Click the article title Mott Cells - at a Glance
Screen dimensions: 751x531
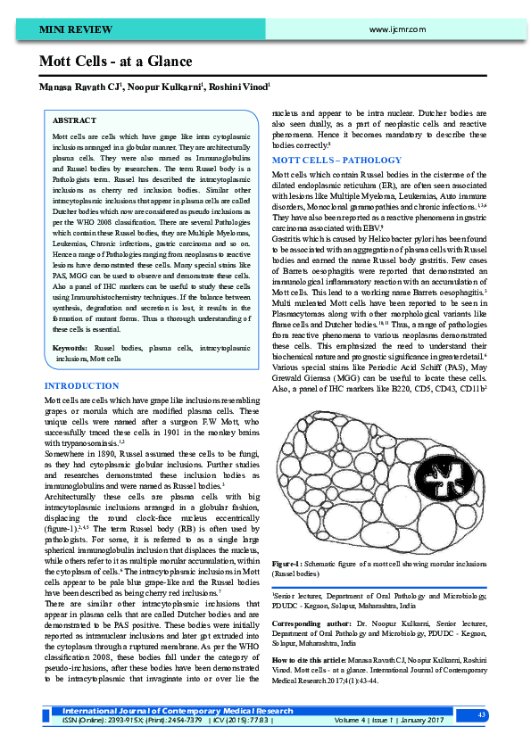(115, 62)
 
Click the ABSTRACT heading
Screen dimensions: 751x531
(75, 120)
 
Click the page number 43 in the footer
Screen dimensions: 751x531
(481, 715)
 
